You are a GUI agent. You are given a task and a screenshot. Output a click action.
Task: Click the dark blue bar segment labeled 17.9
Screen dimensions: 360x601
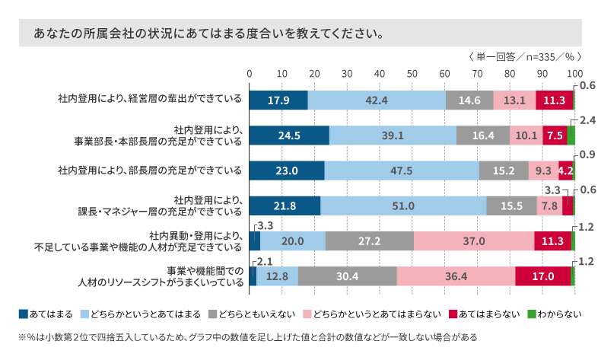click(x=278, y=100)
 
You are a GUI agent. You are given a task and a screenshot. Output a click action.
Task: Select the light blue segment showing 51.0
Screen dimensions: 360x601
click(x=403, y=205)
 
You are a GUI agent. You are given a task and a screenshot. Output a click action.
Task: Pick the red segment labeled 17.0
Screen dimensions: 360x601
click(x=542, y=276)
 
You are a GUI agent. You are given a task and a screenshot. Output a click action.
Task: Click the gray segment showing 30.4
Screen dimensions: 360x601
click(x=347, y=276)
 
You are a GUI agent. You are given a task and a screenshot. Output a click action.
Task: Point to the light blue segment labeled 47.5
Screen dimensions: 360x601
click(x=402, y=170)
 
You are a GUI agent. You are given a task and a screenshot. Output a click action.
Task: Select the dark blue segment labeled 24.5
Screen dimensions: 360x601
click(x=289, y=135)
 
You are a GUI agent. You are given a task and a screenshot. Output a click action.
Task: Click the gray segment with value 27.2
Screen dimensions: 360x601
click(x=370, y=241)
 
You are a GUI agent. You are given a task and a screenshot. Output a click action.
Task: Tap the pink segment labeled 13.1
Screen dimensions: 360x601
click(x=514, y=100)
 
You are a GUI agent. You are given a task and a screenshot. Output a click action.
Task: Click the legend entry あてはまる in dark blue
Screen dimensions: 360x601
click(x=46, y=313)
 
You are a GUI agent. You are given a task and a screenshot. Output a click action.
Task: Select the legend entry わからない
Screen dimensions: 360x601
click(x=555, y=313)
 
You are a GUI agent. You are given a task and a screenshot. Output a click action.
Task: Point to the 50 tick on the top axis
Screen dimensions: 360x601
click(x=412, y=73)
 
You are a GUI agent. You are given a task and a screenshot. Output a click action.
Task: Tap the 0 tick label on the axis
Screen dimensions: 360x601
click(x=250, y=73)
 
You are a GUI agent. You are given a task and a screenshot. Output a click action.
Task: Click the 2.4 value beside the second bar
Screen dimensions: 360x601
click(x=587, y=121)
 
